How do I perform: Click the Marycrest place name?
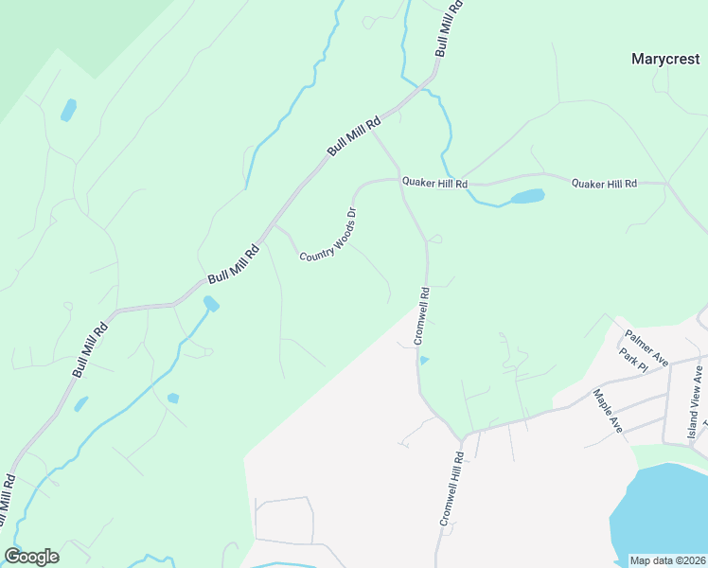[665, 59]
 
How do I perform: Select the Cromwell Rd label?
[421, 315]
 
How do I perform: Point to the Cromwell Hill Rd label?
[451, 489]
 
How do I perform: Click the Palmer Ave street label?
[646, 347]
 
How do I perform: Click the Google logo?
[31, 557]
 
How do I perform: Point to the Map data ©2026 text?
[667, 560]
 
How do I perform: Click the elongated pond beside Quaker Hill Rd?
[527, 197]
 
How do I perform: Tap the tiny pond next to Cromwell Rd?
[423, 360]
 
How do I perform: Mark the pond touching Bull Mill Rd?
[210, 304]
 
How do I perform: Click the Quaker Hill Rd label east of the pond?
[604, 184]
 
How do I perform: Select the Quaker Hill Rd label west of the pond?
[434, 182]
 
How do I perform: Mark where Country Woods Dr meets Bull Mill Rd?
[274, 226]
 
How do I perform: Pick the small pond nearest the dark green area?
[68, 110]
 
